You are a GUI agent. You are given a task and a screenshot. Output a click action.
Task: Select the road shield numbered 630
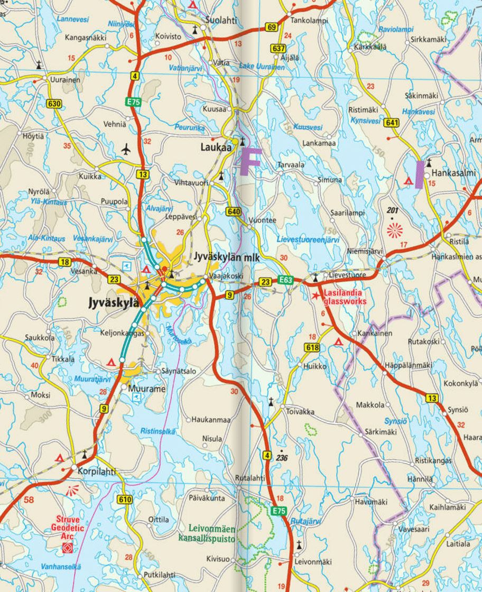click(54, 103)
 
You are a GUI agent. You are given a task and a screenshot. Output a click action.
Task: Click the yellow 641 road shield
click(392, 123)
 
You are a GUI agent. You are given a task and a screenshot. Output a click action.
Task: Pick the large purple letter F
click(250, 162)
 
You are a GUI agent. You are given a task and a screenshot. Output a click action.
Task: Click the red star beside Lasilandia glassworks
click(316, 295)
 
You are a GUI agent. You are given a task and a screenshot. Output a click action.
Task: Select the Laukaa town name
click(216, 148)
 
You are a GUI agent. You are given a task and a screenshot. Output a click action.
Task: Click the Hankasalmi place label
click(453, 173)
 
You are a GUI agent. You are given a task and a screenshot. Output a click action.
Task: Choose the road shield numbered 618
click(312, 347)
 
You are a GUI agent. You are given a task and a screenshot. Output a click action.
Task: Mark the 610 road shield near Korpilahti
click(125, 499)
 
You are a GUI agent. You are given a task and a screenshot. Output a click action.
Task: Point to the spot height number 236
click(282, 458)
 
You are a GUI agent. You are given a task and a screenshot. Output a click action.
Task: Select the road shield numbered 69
click(272, 28)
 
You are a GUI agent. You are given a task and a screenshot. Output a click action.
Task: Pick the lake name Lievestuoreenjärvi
click(308, 239)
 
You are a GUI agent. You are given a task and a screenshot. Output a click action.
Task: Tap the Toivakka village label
click(300, 411)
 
